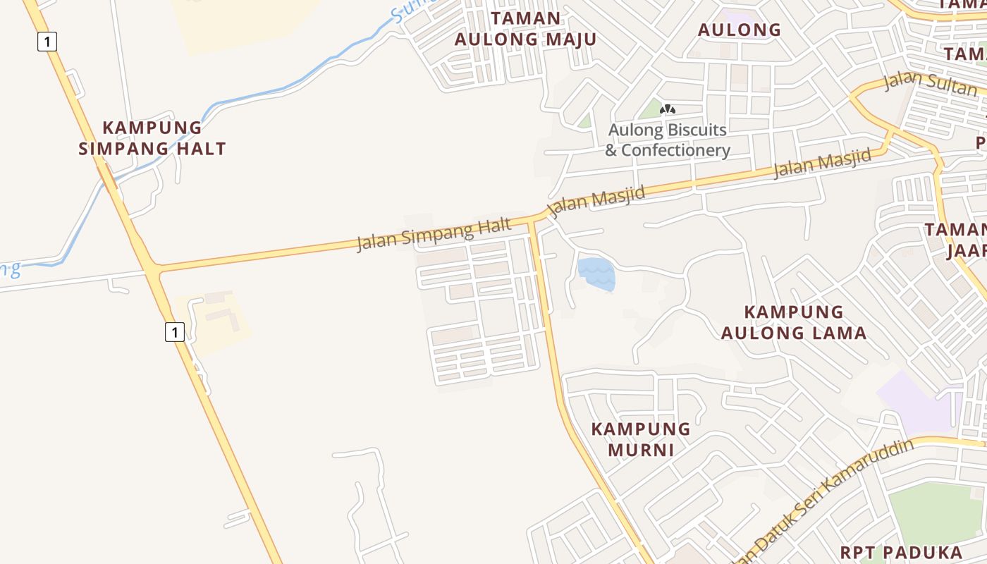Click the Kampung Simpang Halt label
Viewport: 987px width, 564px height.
pyautogui.click(x=152, y=138)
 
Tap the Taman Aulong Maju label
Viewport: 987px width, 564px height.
pyautogui.click(x=525, y=29)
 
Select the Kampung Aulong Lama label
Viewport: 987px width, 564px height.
pyautogui.click(x=794, y=322)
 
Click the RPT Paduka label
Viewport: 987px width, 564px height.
pyautogui.click(x=901, y=552)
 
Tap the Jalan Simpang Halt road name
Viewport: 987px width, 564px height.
pyautogui.click(x=434, y=235)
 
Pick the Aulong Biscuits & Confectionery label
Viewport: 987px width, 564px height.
pyautogui.click(x=668, y=140)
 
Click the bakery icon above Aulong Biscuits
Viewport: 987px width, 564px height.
pyautogui.click(x=668, y=109)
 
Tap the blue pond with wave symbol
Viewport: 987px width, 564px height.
pyautogui.click(x=596, y=274)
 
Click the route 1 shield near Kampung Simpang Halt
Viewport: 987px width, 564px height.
pyautogui.click(x=47, y=42)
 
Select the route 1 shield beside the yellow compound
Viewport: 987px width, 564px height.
pyautogui.click(x=175, y=331)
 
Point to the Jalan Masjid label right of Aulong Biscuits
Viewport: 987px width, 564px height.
pyautogui.click(x=822, y=164)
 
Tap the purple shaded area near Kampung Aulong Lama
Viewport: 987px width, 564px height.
pyautogui.click(x=916, y=402)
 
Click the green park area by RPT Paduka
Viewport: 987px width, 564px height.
pyautogui.click(x=938, y=515)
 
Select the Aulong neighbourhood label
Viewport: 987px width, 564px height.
pyautogui.click(x=740, y=30)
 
